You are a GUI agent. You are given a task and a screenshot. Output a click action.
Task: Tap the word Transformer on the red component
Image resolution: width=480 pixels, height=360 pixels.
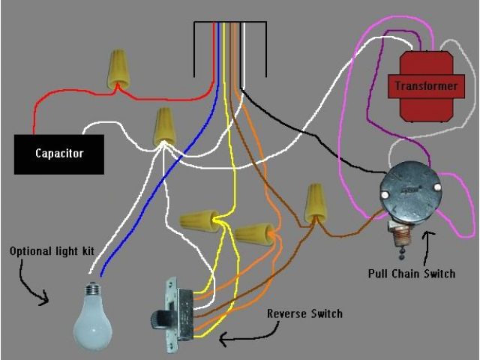[x=425, y=86]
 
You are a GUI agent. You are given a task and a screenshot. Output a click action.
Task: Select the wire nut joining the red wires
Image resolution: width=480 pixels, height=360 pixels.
[x=118, y=68]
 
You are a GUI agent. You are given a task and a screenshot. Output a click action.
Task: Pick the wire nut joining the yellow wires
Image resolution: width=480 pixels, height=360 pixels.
[x=196, y=220]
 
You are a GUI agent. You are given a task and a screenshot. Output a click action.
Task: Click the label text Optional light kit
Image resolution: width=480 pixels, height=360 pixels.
[x=52, y=250]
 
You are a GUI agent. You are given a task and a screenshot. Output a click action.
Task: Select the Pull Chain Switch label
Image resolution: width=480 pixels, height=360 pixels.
[x=411, y=273]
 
